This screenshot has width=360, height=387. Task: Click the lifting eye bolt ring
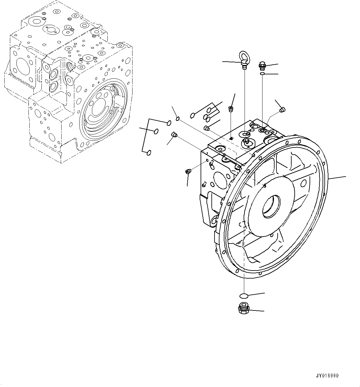pyautogui.click(x=247, y=57)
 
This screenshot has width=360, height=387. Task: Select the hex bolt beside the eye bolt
pyautogui.click(x=262, y=65)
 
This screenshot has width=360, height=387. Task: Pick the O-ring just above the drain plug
pyautogui.click(x=244, y=296)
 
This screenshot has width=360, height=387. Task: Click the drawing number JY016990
pyautogui.click(x=327, y=376)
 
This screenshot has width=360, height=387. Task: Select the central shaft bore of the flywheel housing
pyautogui.click(x=271, y=205)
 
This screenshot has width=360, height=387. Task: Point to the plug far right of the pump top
pyautogui.click(x=282, y=109)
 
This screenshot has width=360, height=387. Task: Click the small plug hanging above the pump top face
pyautogui.click(x=230, y=109)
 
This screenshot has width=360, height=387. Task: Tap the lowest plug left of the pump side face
pyautogui.click(x=188, y=171)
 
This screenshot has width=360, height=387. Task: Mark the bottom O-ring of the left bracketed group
pyautogui.click(x=149, y=152)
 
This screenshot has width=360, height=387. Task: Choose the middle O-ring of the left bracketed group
pyautogui.click(x=156, y=132)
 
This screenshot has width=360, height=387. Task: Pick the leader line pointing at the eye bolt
pyautogui.click(x=231, y=62)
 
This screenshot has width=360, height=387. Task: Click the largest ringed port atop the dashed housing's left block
pyautogui.click(x=37, y=22)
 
